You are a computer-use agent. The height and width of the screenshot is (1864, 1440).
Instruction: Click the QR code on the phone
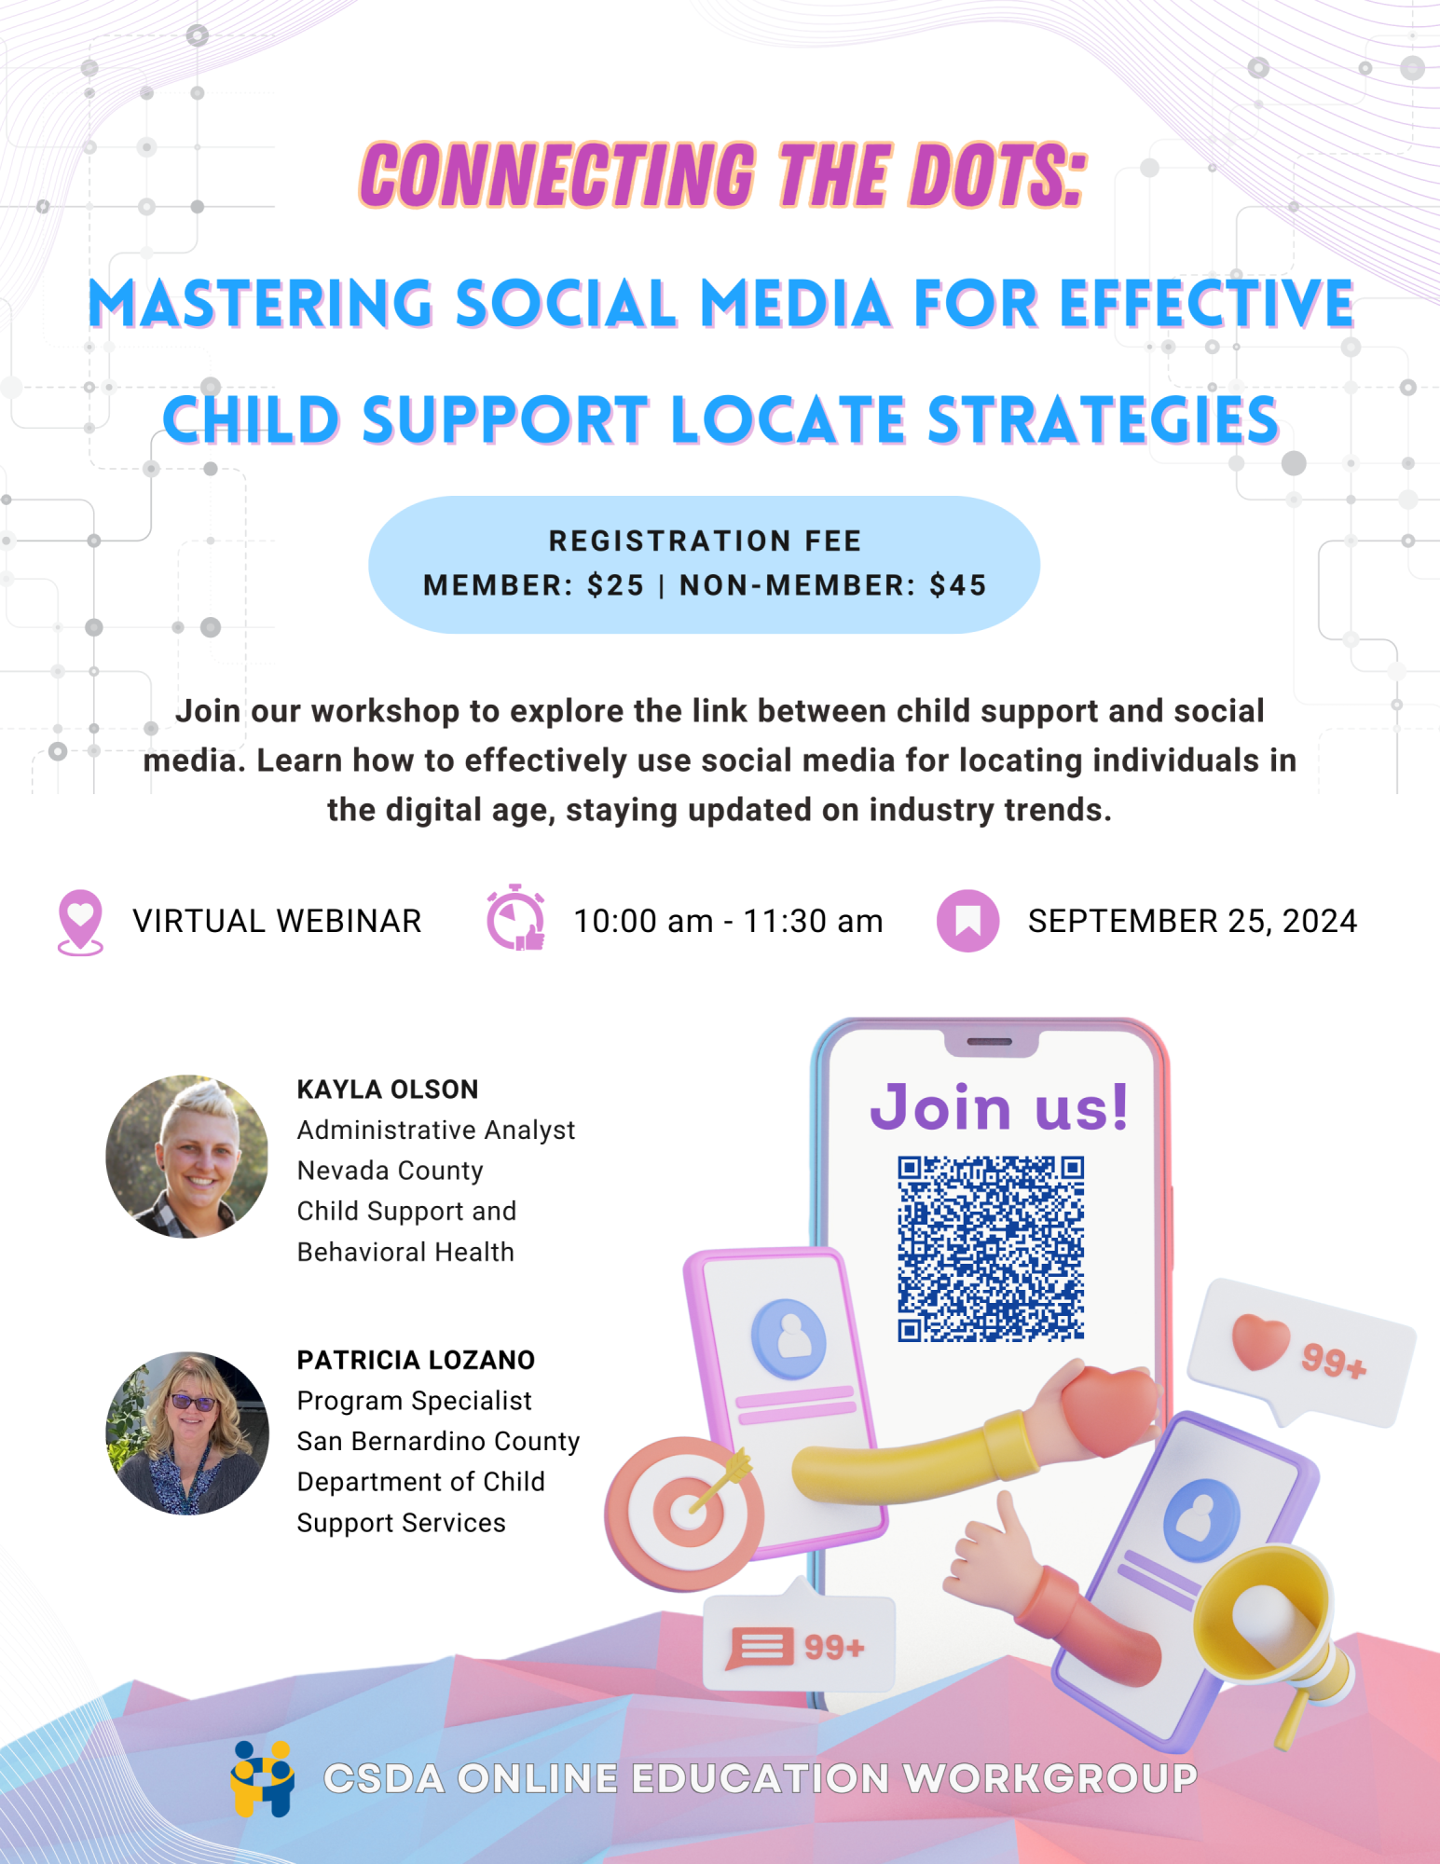pos(990,1249)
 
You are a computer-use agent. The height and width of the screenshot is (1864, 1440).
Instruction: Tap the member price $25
pos(615,585)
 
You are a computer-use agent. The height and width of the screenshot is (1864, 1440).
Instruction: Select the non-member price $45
pos(958,585)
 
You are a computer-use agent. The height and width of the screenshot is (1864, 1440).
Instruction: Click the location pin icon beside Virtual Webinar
pos(80,921)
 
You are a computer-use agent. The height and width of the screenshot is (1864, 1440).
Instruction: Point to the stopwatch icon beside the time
pos(515,919)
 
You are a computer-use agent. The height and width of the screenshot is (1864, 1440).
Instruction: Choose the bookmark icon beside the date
pos(967,921)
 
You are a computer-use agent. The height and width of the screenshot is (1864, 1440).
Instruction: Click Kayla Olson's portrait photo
pos(187,1157)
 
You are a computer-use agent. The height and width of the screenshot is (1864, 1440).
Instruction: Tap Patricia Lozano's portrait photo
pos(187,1432)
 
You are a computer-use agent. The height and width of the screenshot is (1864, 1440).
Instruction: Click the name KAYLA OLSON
pos(388,1090)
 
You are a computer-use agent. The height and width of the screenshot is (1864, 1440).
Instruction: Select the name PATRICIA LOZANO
pos(416,1361)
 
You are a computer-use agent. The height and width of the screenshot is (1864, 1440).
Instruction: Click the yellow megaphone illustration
pos(1272,1622)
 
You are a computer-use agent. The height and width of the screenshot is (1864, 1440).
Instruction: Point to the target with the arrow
pos(685,1510)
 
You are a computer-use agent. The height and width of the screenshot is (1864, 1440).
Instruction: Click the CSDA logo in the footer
pos(263,1778)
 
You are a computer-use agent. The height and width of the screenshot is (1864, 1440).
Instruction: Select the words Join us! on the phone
pos(999,1107)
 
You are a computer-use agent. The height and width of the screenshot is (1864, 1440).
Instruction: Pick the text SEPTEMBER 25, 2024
pos(1192,921)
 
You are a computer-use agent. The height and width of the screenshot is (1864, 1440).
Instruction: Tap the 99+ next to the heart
pos(1334,1362)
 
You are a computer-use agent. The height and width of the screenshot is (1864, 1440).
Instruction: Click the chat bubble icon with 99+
pos(761,1647)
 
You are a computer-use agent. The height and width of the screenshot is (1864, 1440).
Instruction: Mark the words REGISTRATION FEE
pos(705,541)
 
